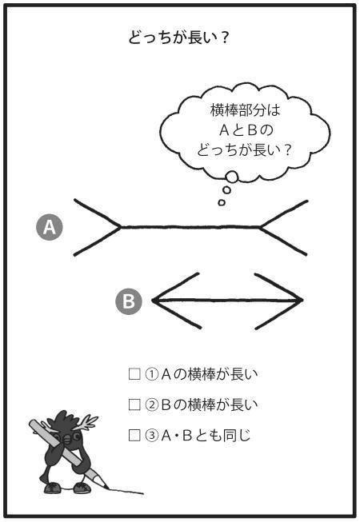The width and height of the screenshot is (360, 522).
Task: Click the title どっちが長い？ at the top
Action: pyautogui.click(x=178, y=38)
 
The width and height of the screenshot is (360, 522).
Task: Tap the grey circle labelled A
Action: pyautogui.click(x=50, y=227)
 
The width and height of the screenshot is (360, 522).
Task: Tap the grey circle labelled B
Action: pyautogui.click(x=129, y=301)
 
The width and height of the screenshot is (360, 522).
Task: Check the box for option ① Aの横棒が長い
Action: pyautogui.click(x=134, y=374)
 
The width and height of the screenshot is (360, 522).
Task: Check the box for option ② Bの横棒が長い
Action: pyautogui.click(x=134, y=404)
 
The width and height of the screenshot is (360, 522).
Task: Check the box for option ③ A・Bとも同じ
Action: pyautogui.click(x=134, y=435)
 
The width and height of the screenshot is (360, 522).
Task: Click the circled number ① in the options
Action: pyautogui.click(x=151, y=374)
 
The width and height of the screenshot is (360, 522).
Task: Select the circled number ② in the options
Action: pyautogui.click(x=151, y=404)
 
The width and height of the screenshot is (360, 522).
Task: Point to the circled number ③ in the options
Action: pyautogui.click(x=151, y=436)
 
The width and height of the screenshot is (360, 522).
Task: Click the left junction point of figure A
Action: pyautogui.click(x=121, y=227)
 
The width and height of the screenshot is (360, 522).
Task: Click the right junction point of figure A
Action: pyautogui.click(x=260, y=227)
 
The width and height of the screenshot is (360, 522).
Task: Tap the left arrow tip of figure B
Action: pyautogui.click(x=153, y=301)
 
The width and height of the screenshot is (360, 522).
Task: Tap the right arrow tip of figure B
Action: pyautogui.click(x=302, y=301)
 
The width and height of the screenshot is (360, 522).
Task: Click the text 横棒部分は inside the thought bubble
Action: pyautogui.click(x=246, y=110)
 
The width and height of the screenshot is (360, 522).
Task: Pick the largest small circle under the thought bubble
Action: pyautogui.click(x=231, y=177)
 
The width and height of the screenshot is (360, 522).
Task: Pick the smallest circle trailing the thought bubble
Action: pyautogui.click(x=222, y=202)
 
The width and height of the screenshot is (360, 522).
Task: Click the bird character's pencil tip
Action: pyautogui.click(x=107, y=488)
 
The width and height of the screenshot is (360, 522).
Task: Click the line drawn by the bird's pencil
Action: pyautogui.click(x=126, y=491)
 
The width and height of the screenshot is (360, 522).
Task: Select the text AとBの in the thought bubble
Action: pyautogui.click(x=246, y=130)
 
